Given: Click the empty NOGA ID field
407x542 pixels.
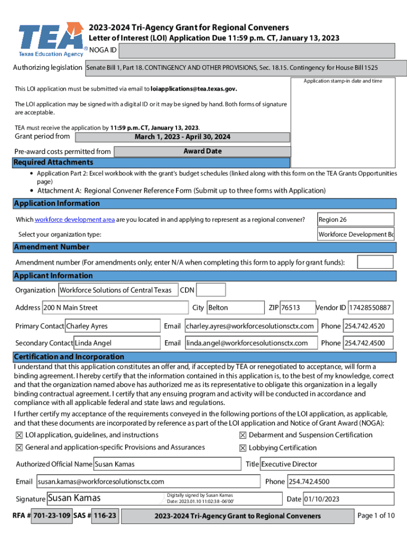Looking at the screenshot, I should tap(257, 51).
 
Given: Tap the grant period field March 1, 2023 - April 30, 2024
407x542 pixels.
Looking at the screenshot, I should tap(182, 137).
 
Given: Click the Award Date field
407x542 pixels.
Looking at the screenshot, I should tap(202, 151).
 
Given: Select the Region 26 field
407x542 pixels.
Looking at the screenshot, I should tap(355, 220).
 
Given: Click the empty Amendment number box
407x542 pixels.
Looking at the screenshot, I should tap(375, 262).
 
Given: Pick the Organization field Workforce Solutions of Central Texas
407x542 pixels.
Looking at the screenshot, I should tap(117, 290).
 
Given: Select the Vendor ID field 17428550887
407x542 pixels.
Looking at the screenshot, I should tap(370, 308).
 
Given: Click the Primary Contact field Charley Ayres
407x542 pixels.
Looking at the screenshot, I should tap(112, 326).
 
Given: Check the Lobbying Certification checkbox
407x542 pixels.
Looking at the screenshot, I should tap(243, 448).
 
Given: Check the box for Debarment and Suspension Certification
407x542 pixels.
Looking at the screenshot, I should tap(243, 435).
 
